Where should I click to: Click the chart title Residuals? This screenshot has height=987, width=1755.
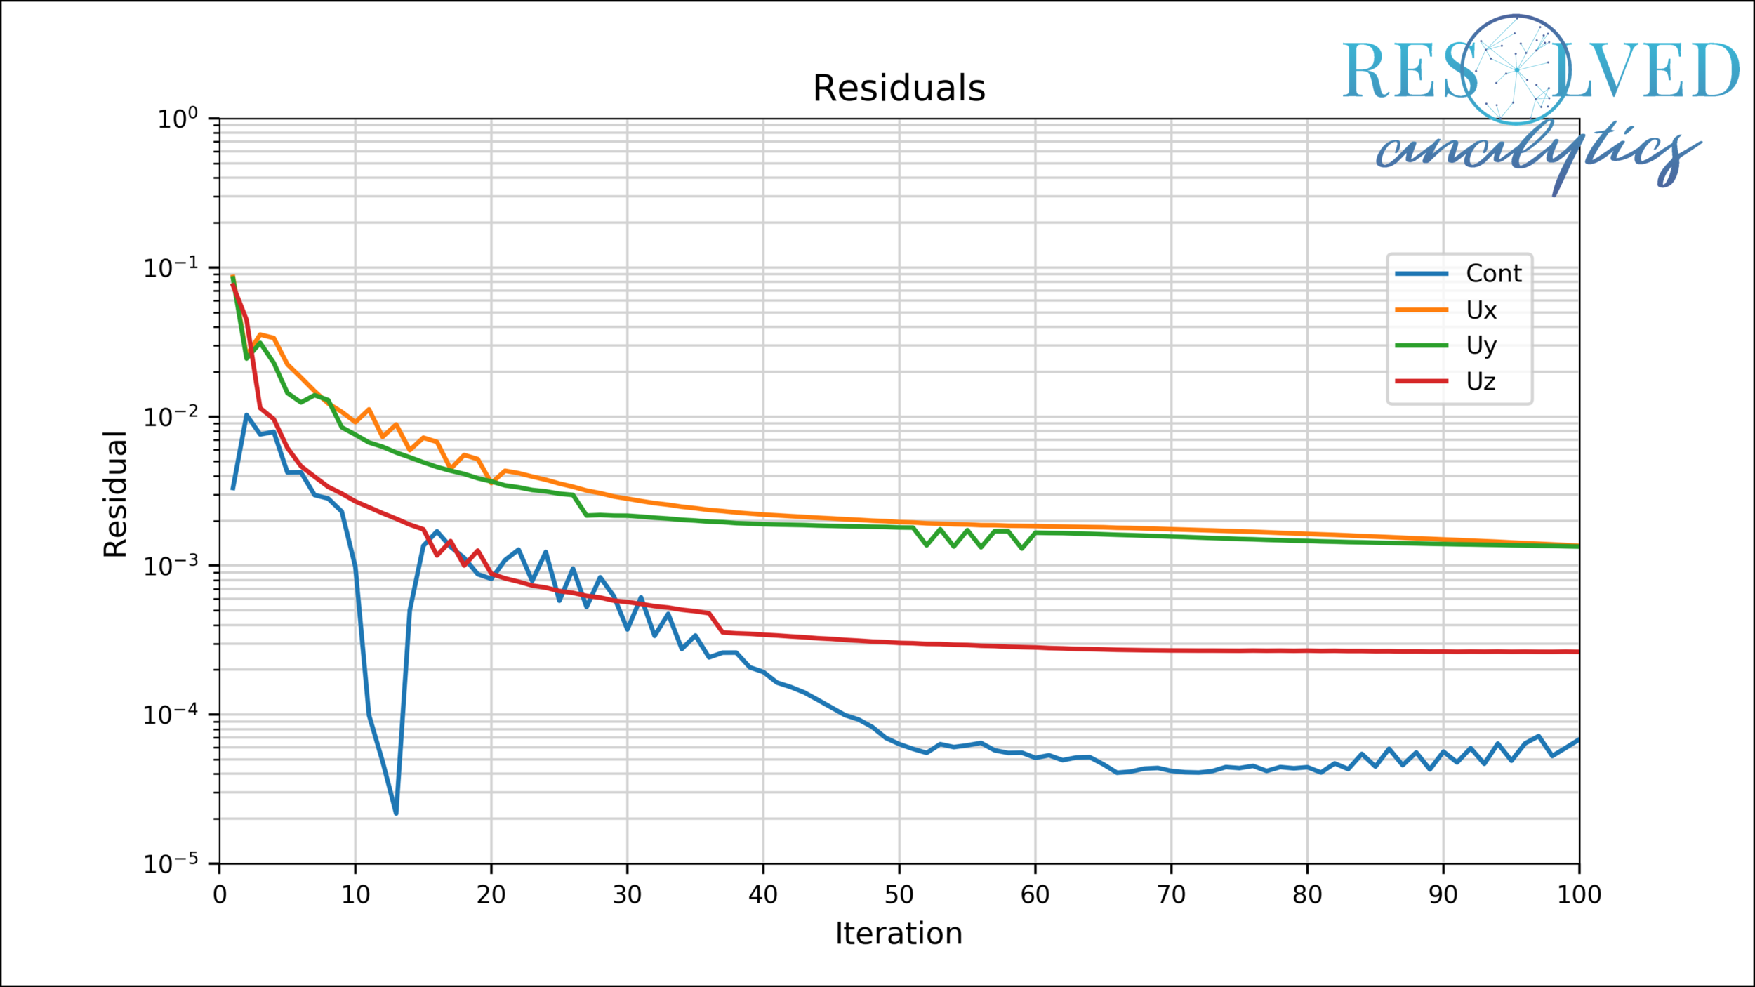click(899, 88)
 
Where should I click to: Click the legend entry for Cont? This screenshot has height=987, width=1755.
click(1493, 273)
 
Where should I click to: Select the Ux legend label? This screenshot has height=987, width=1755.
click(1481, 310)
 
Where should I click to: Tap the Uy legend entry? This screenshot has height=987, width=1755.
click(1481, 345)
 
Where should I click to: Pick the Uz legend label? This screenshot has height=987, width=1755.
click(1481, 381)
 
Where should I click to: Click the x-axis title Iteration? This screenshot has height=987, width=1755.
click(899, 934)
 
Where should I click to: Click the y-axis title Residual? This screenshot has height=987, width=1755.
click(115, 494)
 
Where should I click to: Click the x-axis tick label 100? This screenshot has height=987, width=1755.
click(1579, 894)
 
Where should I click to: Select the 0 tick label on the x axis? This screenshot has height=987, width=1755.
click(220, 894)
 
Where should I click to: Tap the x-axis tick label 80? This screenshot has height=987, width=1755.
click(1306, 894)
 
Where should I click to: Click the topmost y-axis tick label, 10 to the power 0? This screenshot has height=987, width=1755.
click(177, 119)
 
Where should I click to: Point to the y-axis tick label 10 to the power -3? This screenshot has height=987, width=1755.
click(171, 566)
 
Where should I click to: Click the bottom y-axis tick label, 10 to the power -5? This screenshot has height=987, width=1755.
click(171, 863)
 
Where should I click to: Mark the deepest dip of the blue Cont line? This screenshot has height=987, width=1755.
click(396, 812)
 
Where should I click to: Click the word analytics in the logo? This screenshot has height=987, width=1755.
click(1537, 151)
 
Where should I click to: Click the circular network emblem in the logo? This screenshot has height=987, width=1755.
click(1516, 69)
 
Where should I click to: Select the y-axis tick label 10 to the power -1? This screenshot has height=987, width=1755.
click(171, 268)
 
